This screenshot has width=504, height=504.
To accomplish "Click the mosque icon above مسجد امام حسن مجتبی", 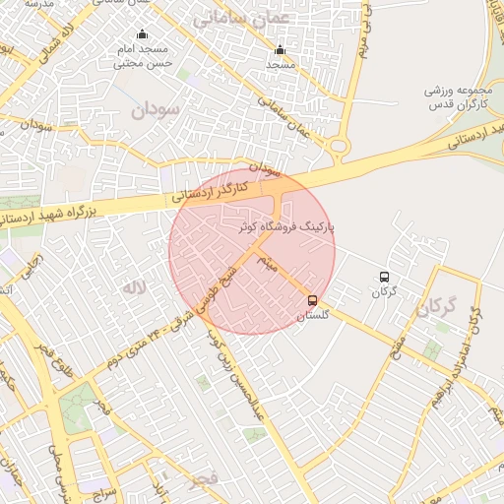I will click(142, 34).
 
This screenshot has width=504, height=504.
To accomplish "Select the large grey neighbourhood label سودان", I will click(156, 110).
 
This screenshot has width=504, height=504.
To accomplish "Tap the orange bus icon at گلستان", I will click(313, 300).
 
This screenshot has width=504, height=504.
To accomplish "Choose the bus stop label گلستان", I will click(313, 315).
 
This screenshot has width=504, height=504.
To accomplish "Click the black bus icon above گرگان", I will click(384, 277).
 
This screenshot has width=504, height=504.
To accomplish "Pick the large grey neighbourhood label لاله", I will click(134, 287).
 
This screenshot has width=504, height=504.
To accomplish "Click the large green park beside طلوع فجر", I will click(77, 413).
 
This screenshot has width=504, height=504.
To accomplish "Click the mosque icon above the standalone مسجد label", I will click(280, 49).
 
